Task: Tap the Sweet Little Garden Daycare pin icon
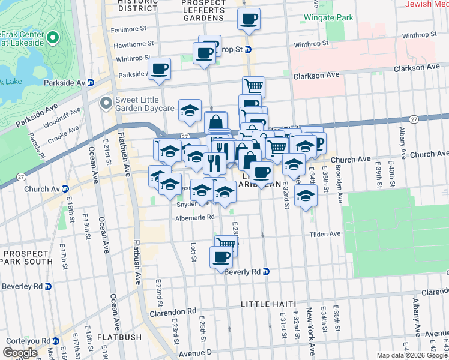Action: coord(106,104)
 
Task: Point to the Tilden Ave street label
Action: coord(326,235)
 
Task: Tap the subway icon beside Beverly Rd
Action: coord(266,272)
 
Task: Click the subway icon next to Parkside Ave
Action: coord(91,82)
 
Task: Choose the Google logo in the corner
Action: coord(20,353)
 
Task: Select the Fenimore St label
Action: coord(130,29)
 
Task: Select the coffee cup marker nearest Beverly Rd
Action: coord(220,257)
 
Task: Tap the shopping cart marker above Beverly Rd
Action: coord(225,244)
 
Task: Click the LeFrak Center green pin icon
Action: coord(53,38)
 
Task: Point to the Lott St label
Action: coord(193,253)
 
